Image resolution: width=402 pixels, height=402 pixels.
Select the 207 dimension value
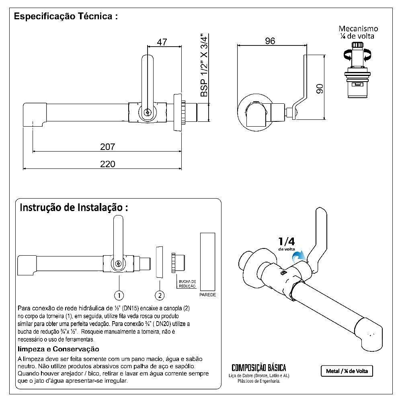[107, 147]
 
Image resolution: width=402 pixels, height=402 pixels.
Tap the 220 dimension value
[107, 164]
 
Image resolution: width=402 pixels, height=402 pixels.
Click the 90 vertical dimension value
[320, 89]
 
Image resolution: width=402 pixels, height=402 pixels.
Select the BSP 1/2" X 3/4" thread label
[204, 65]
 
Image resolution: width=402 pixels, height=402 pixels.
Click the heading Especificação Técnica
[66, 17]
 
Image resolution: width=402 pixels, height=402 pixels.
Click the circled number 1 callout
[119, 295]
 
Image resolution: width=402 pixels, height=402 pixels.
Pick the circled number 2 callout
[160, 295]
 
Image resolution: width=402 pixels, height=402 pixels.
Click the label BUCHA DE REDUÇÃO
[187, 284]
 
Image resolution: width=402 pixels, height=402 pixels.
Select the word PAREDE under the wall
[207, 295]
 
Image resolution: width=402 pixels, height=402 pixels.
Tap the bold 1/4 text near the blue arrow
[286, 242]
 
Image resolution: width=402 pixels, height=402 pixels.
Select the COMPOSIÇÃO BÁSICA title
[259, 368]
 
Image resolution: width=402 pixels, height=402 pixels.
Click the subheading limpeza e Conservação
[58, 349]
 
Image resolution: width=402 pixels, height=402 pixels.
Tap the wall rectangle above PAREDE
[207, 261]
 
